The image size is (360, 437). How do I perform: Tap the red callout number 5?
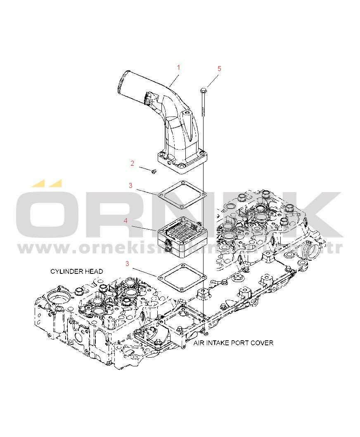pos(219,69)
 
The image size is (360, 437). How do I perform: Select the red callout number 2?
pos(132,163)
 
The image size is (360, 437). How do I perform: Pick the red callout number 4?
pos(126,221)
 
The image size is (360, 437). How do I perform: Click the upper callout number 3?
pos(130,185)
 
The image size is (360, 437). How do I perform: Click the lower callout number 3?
pos(128,263)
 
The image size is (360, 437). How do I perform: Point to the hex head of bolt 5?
pos(203,90)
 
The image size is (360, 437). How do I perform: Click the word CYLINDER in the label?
pos(66,271)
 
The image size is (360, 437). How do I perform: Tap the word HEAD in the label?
pos(94,271)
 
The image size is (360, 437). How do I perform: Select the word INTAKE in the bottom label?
pos(219,343)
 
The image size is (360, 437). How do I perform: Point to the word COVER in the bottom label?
pos(262,343)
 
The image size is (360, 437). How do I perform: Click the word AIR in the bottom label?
pos(200,343)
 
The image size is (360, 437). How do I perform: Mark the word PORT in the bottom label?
pos(242,343)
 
